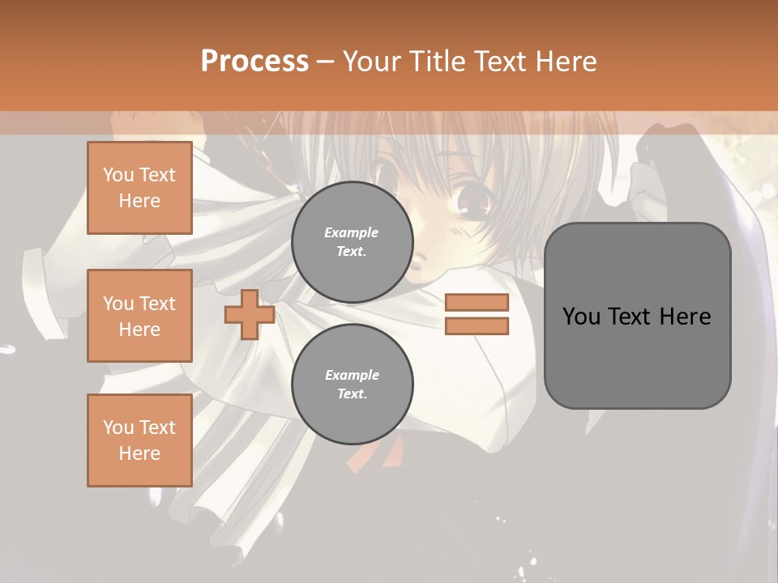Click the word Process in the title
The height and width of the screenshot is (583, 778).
click(254, 62)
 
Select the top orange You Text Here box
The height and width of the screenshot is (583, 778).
click(139, 188)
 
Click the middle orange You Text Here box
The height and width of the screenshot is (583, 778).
click(139, 316)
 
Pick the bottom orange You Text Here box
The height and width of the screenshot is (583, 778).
click(139, 440)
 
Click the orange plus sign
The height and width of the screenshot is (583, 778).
click(250, 314)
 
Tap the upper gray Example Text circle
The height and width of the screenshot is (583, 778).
click(353, 242)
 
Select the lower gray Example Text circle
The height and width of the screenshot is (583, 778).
click(353, 385)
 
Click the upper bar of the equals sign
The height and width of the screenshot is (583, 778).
click(477, 303)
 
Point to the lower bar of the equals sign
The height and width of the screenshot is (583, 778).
click(477, 326)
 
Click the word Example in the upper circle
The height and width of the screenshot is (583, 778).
click(351, 232)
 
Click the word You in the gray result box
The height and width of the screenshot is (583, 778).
click(580, 317)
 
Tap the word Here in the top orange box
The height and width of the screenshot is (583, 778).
click(139, 201)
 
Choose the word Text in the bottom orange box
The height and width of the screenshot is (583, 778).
click(156, 428)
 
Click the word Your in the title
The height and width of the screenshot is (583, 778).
click(370, 62)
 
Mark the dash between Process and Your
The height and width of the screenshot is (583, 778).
click(325, 62)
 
